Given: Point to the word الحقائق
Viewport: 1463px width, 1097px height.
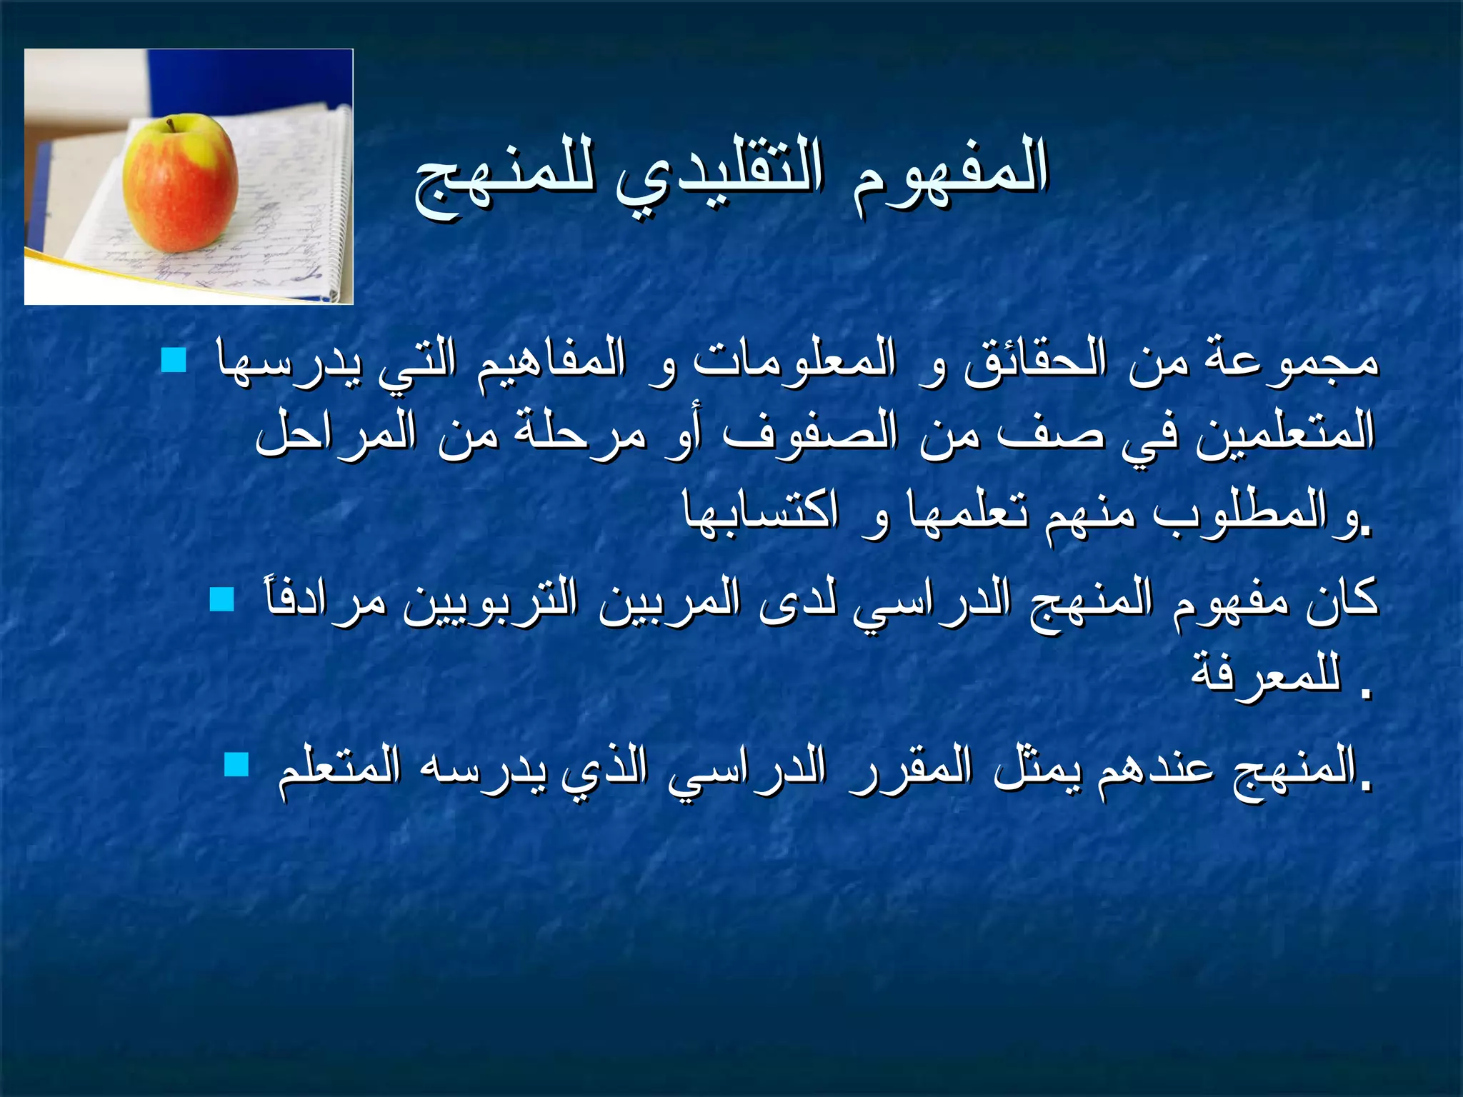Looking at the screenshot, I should (1035, 359).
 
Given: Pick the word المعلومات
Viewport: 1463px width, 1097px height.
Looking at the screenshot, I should (794, 359).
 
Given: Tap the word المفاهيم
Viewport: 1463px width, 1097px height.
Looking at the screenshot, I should (551, 359).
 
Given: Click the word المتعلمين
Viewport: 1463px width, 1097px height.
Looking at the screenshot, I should (1285, 433).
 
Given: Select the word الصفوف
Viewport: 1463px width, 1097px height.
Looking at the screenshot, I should (810, 433).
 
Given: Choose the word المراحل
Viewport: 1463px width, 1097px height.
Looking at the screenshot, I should (336, 433).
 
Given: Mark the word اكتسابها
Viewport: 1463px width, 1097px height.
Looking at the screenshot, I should (761, 511).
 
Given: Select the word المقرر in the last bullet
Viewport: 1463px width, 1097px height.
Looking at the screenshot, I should (900, 768).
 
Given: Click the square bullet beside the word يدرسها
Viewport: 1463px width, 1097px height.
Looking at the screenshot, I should (174, 360).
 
